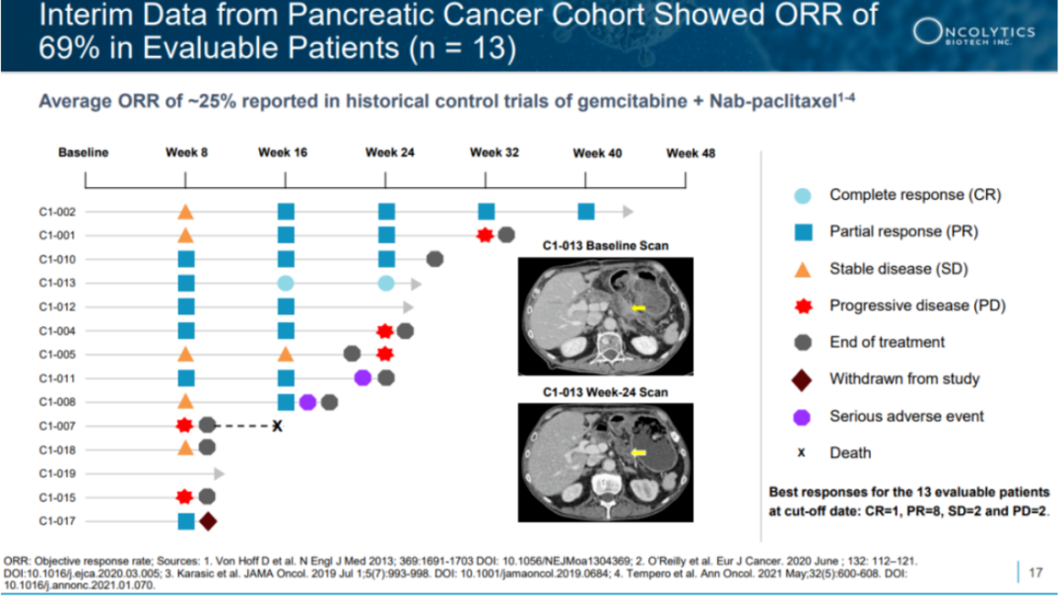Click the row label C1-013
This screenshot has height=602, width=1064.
(x=57, y=284)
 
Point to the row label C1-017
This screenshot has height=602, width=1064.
(x=57, y=521)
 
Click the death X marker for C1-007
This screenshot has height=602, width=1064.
(x=278, y=426)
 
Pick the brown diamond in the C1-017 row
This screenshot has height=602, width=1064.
(x=208, y=521)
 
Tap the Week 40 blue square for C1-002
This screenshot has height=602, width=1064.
(x=586, y=211)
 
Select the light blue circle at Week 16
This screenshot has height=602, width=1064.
(x=286, y=284)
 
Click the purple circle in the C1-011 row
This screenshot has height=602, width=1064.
(x=363, y=377)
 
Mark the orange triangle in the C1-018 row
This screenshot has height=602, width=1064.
(x=185, y=448)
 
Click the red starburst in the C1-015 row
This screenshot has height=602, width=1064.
(x=184, y=497)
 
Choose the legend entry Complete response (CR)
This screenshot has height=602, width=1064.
(x=914, y=195)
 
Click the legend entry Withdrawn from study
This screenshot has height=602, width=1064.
(x=903, y=378)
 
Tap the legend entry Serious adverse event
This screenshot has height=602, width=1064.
(x=905, y=416)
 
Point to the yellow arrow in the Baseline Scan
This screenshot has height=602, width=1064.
(x=639, y=308)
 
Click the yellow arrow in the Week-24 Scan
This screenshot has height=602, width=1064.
(x=639, y=452)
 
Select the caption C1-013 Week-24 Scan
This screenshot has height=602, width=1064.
(x=605, y=392)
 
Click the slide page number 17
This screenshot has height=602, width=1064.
(x=1035, y=571)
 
